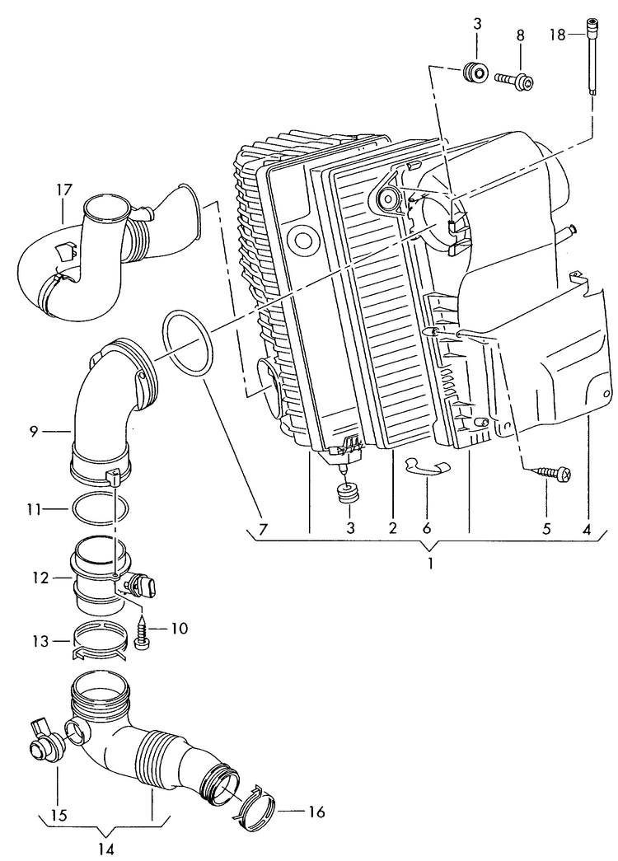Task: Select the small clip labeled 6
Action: [428, 467]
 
